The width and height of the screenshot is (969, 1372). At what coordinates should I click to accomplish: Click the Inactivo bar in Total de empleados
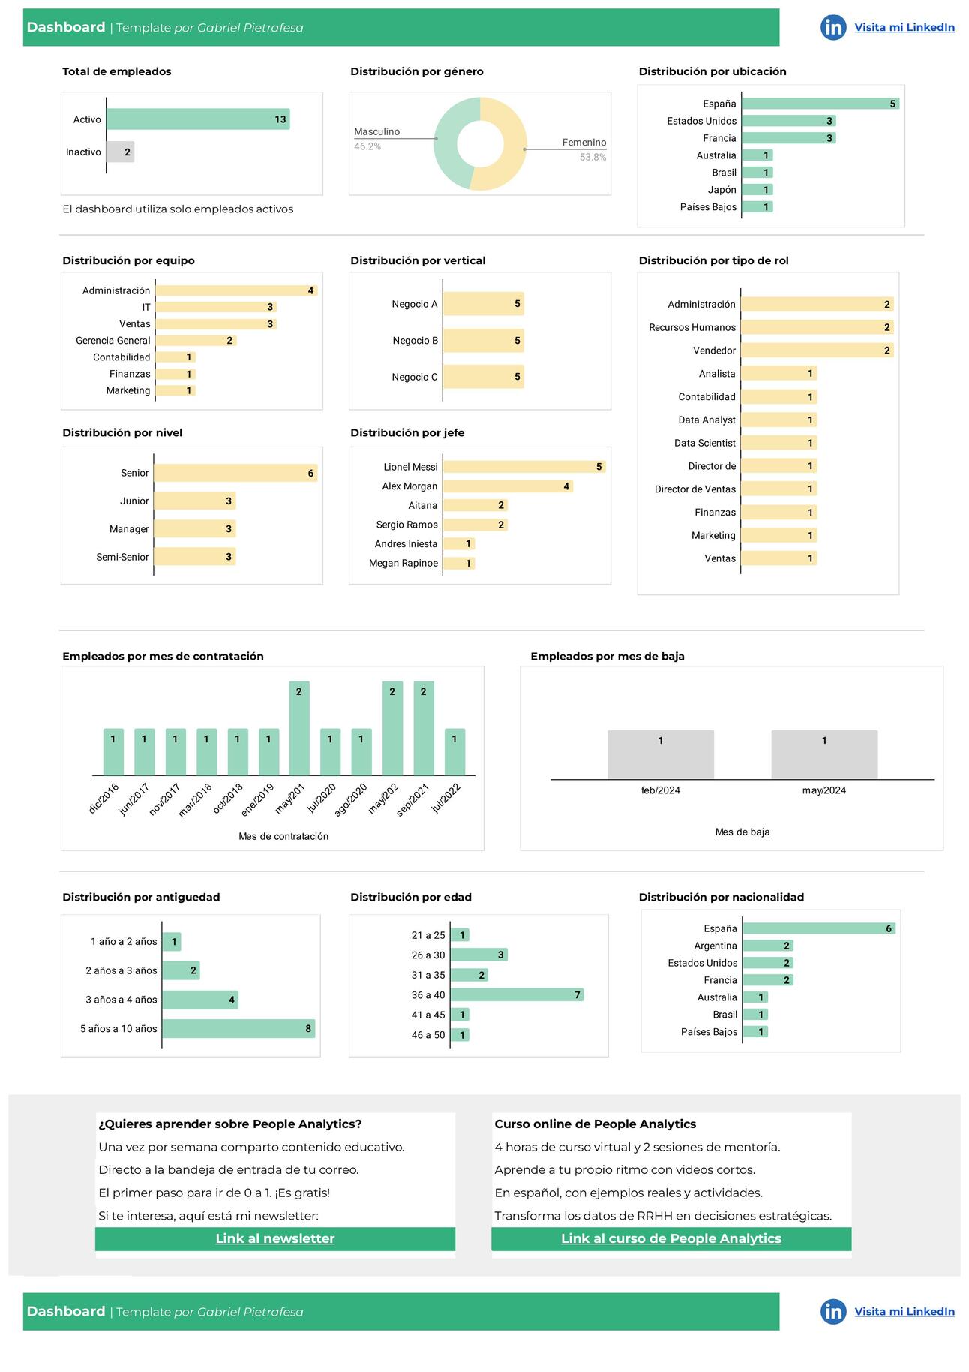click(x=120, y=152)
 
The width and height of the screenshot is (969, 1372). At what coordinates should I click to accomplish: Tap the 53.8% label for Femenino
click(x=592, y=157)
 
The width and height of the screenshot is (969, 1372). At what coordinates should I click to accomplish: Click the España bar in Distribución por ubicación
click(x=820, y=104)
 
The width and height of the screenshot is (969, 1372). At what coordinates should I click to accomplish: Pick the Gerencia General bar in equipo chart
click(x=196, y=341)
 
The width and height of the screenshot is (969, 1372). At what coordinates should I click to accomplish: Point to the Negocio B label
click(x=415, y=341)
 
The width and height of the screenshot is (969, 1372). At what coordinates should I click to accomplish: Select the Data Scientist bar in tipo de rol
click(x=778, y=443)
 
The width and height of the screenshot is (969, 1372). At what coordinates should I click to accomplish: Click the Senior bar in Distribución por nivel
click(x=235, y=473)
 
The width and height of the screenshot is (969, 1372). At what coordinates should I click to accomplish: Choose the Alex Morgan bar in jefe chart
click(x=508, y=486)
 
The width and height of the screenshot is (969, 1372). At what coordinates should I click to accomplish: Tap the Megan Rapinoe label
click(x=403, y=563)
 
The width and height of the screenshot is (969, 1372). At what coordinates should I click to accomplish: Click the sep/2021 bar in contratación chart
click(x=423, y=728)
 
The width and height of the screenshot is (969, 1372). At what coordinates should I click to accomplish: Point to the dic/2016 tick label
click(x=104, y=798)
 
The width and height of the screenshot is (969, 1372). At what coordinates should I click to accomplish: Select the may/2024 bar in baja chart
click(x=823, y=754)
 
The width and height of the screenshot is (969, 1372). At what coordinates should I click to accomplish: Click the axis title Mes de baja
click(x=742, y=832)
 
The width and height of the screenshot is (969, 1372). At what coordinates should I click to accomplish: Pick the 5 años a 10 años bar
click(x=238, y=1029)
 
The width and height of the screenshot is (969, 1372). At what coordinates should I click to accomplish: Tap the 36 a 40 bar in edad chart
click(x=517, y=995)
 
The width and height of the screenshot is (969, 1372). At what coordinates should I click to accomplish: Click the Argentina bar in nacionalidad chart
click(x=767, y=946)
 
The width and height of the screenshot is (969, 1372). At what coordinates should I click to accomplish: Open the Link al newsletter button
click(x=275, y=1238)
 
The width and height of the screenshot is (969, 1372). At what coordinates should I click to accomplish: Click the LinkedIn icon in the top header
click(x=832, y=28)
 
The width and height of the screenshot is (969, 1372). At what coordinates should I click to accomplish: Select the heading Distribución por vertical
click(x=418, y=260)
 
